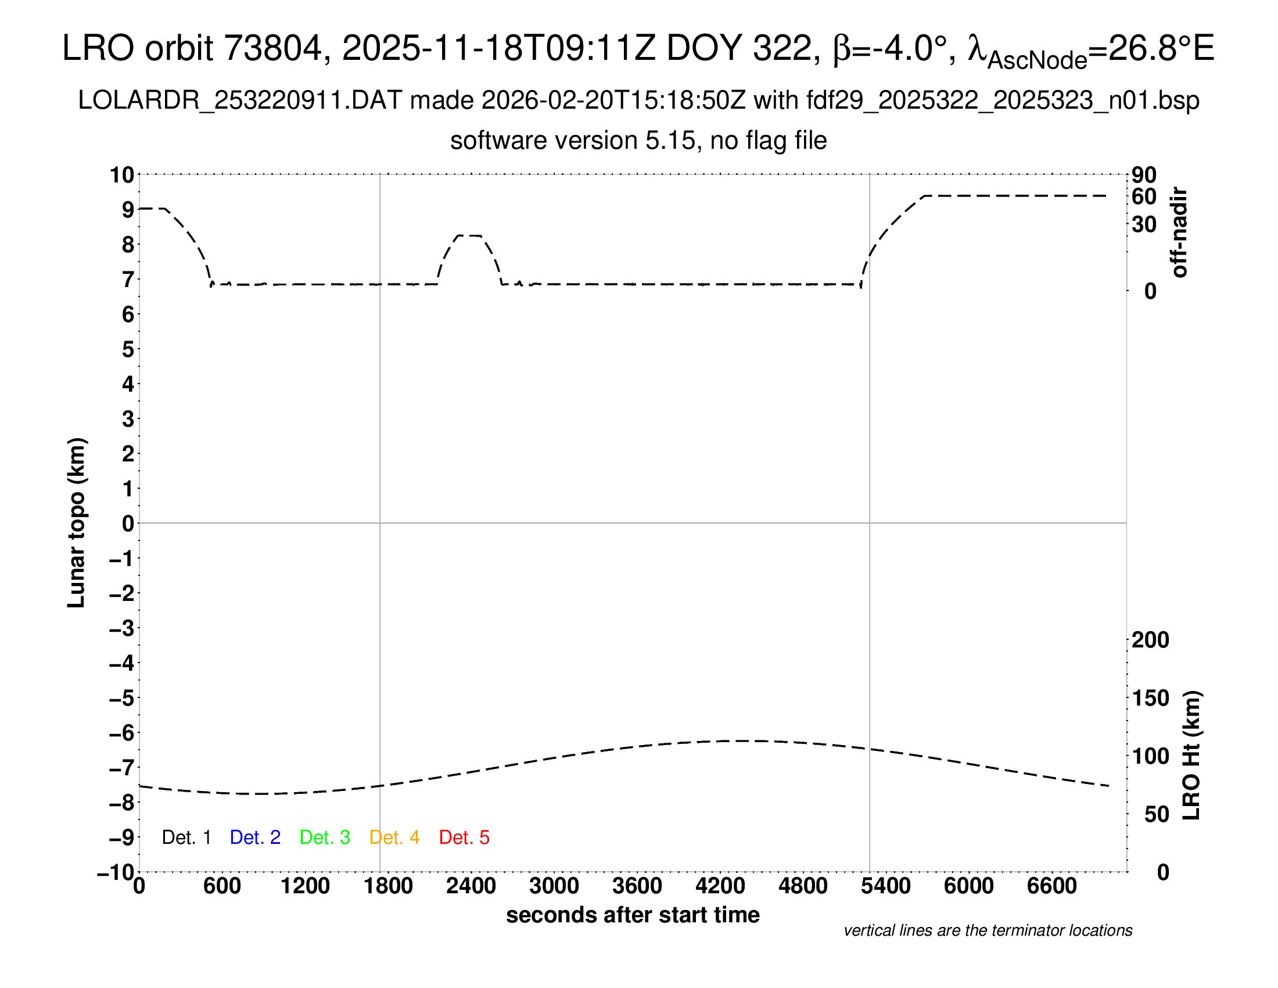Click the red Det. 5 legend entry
464,837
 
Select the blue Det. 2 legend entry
255,837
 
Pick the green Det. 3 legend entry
325,837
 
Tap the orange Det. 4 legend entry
394,837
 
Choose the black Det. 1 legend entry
186,837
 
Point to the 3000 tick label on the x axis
554,886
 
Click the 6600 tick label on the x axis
1051,886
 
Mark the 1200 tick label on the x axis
305,886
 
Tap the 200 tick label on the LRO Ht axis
1150,640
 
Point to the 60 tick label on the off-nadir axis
1144,196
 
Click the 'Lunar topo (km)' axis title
77,522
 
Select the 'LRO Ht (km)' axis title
1191,756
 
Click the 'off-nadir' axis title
1180,232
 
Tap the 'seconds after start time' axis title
633,915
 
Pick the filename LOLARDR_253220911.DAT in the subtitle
240,101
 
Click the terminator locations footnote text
988,930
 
